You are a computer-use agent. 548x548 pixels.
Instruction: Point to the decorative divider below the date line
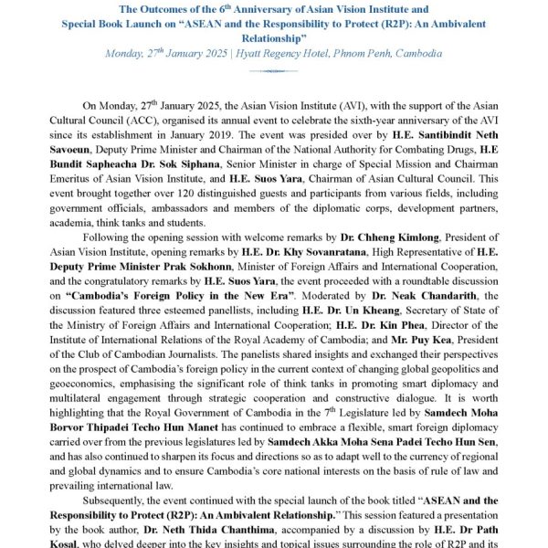point(273,70)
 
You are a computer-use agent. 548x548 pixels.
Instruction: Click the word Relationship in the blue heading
point(274,37)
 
